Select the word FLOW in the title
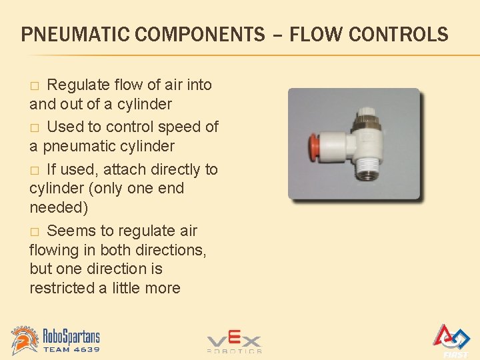click(x=313, y=34)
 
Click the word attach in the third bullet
click(x=135, y=169)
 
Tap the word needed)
click(x=59, y=207)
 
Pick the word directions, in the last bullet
click(x=171, y=250)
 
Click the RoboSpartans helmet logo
click(x=25, y=340)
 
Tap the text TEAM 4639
click(x=71, y=349)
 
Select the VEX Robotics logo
click(x=234, y=342)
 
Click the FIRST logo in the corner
click(x=451, y=340)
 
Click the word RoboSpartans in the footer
click(x=71, y=336)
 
